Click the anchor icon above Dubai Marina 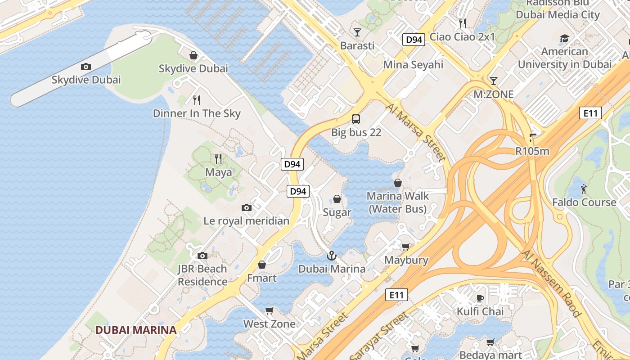(x=331, y=256)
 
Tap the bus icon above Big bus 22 (x=356, y=119)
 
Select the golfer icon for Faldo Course (x=584, y=189)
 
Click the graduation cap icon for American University (x=564, y=39)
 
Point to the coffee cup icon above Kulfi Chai (x=480, y=298)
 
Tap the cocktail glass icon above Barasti (x=357, y=32)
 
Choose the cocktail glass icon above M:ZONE (x=494, y=81)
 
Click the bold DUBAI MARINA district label (x=136, y=330)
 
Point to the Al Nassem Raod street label (x=552, y=283)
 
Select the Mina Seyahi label (x=413, y=65)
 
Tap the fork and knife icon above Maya (x=218, y=159)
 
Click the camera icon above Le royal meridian (x=246, y=207)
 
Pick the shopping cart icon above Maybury (x=406, y=247)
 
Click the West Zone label (x=269, y=324)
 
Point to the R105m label (x=532, y=151)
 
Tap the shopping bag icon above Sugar (x=337, y=199)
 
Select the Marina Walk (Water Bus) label (x=398, y=202)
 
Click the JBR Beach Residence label (x=202, y=275)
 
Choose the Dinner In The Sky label (x=197, y=113)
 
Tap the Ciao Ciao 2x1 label (x=462, y=37)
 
